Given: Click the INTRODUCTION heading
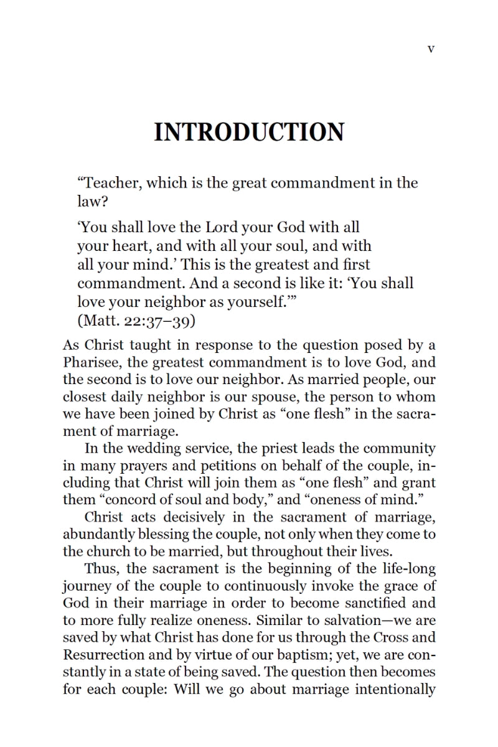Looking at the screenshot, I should tap(249, 133).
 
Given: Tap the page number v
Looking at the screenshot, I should tap(431, 49).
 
